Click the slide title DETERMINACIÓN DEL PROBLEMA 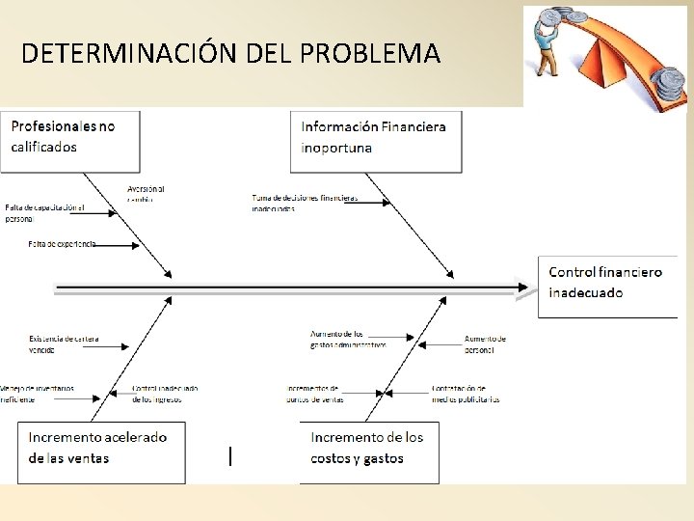[230, 53]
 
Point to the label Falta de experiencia [63, 244]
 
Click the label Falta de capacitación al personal [44, 212]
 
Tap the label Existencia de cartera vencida [64, 343]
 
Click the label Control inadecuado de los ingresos [165, 393]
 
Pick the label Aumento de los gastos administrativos [348, 339]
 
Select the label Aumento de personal [485, 343]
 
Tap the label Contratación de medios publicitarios [466, 393]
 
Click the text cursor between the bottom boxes [229, 456]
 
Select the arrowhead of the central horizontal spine [525, 287]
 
